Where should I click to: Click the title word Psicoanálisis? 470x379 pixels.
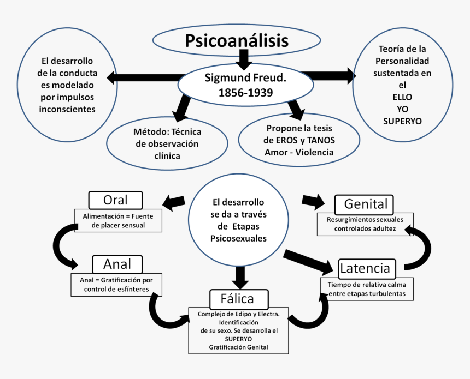coord(237,41)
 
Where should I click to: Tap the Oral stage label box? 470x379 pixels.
coord(115,201)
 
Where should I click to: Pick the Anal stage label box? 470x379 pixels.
coord(117,264)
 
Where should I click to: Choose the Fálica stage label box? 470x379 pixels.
coord(239,299)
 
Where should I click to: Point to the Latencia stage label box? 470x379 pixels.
coord(365,268)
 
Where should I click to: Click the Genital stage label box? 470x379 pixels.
coord(366,204)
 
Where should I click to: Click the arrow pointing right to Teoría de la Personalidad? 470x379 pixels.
coord(328,75)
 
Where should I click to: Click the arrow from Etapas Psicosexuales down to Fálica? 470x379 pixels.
coord(239,277)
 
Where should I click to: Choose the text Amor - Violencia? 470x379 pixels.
coord(299,152)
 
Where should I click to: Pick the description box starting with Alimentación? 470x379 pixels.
coord(118,221)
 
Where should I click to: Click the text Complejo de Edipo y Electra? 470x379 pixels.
coord(239,314)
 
